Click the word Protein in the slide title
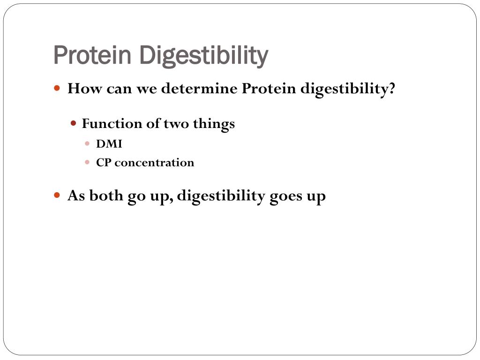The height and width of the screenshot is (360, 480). coord(92,55)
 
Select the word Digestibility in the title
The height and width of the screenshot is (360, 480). coord(203,56)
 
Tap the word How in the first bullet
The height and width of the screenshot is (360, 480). coord(84,89)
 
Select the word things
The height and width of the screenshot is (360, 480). coord(214,124)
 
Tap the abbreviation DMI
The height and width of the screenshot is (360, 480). coord(109,143)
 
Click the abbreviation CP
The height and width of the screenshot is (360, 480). coord(104,163)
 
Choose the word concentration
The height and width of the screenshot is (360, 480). coord(154,163)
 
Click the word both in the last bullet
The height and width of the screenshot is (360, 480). coord(106,195)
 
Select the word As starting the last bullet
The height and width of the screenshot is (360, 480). coord(76,195)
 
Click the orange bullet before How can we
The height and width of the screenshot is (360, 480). coord(57,89)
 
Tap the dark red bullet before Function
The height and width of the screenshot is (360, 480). coord(73,123)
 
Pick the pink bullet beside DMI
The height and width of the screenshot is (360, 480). coord(87,143)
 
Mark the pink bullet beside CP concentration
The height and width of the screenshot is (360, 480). coord(87,162)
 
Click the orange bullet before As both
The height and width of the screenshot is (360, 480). coord(57,195)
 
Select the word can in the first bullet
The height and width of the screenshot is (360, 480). coord(119,90)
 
